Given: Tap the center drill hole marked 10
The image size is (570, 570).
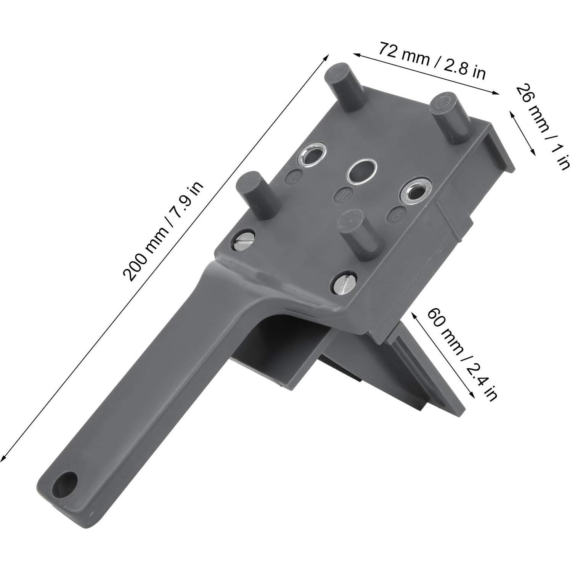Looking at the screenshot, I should coord(361,171).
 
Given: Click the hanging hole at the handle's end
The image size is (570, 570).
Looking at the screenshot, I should coord(65,482).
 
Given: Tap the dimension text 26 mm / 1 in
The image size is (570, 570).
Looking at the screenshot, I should coord(542,126).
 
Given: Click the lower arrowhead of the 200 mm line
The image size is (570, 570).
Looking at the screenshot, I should coord(3,459).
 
